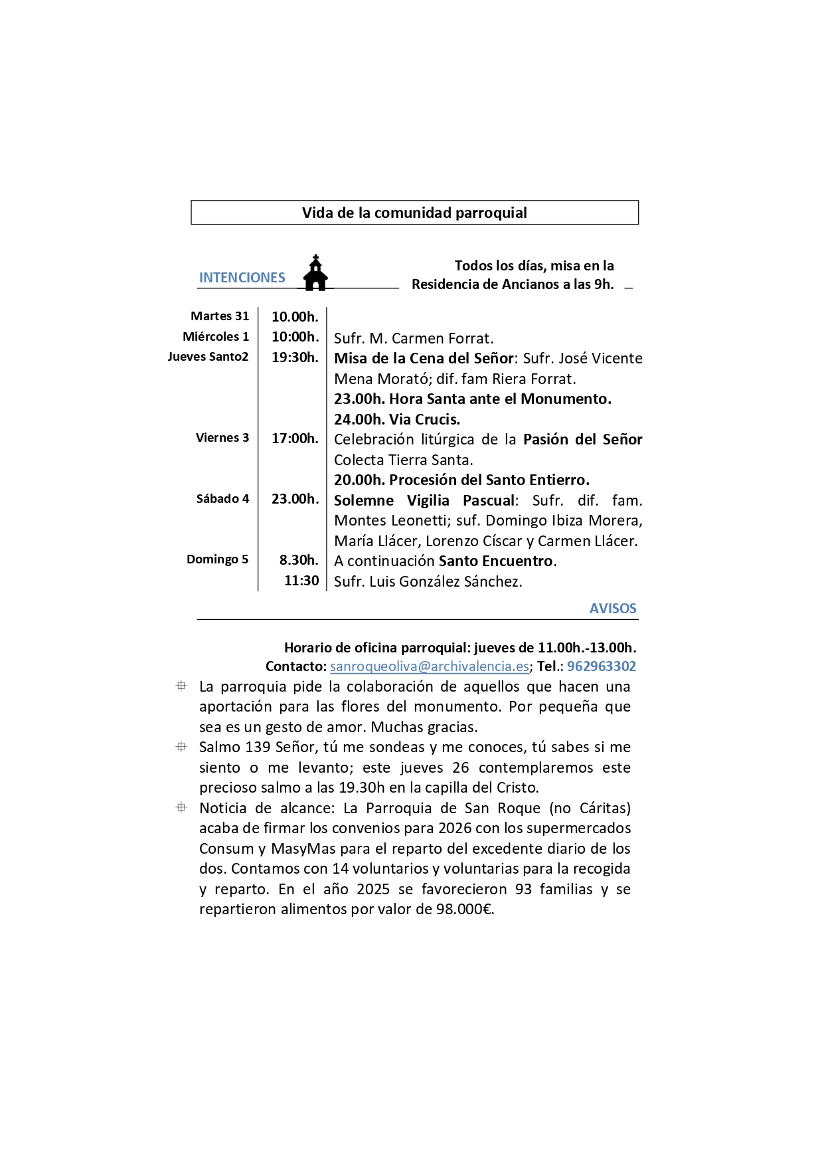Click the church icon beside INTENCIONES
tap(316, 273)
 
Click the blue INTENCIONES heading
tap(242, 278)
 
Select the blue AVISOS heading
tap(612, 609)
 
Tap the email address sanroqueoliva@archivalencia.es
tap(430, 666)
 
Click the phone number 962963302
tap(601, 666)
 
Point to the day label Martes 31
tap(220, 316)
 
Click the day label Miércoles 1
tap(216, 337)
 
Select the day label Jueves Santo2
tap(208, 357)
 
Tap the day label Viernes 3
tap(222, 438)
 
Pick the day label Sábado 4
tap(222, 499)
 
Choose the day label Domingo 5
tap(217, 559)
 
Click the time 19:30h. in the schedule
tap(295, 357)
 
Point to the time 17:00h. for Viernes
tap(295, 438)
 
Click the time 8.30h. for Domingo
tap(299, 560)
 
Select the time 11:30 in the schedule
tap(301, 581)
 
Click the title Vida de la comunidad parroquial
tap(414, 213)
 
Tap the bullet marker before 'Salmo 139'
tap(181, 747)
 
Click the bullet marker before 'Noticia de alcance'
tap(181, 808)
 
